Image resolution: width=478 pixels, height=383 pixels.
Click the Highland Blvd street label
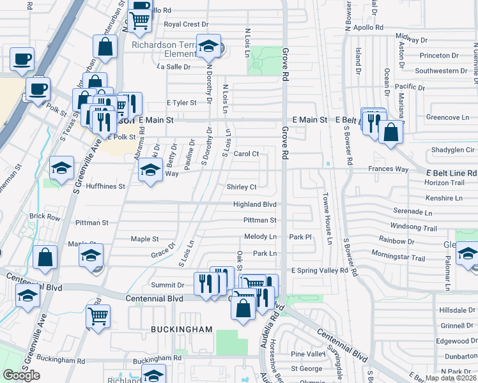pos(254,204)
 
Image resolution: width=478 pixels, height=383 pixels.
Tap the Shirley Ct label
pos(242,187)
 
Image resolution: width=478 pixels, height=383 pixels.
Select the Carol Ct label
pos(246,154)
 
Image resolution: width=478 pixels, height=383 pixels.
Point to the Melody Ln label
pos(260,237)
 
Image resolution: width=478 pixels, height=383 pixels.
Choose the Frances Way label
pos(388,169)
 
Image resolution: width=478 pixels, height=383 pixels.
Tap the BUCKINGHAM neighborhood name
pos(181,329)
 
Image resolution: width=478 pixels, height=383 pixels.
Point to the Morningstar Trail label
pos(401,259)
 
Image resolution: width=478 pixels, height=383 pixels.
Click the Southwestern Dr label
pos(436,71)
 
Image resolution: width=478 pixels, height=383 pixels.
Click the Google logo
pos(21,375)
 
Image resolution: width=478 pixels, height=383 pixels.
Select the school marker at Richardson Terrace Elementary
pos(208,46)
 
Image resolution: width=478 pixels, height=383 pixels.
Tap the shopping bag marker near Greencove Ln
pos(390,133)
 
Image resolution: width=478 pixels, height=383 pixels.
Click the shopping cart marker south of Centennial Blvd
pos(98,316)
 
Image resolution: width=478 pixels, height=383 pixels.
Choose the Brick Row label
pos(44,217)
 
